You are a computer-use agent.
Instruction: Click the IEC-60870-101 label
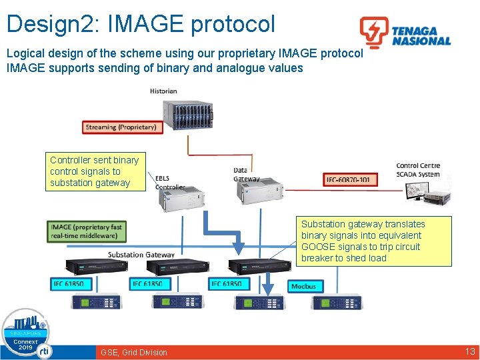coord(351,179)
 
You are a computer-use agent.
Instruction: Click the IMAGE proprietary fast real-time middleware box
coord(87,231)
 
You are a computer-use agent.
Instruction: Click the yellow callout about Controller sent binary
coord(96,171)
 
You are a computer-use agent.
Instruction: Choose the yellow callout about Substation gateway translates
coord(375,241)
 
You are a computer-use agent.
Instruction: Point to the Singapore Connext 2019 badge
coord(25,333)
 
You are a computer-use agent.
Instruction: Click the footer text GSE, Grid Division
coord(134,352)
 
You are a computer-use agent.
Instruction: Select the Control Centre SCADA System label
coord(418,170)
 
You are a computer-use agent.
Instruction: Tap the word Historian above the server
coord(163,91)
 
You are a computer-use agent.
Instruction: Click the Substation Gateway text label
coord(141,255)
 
